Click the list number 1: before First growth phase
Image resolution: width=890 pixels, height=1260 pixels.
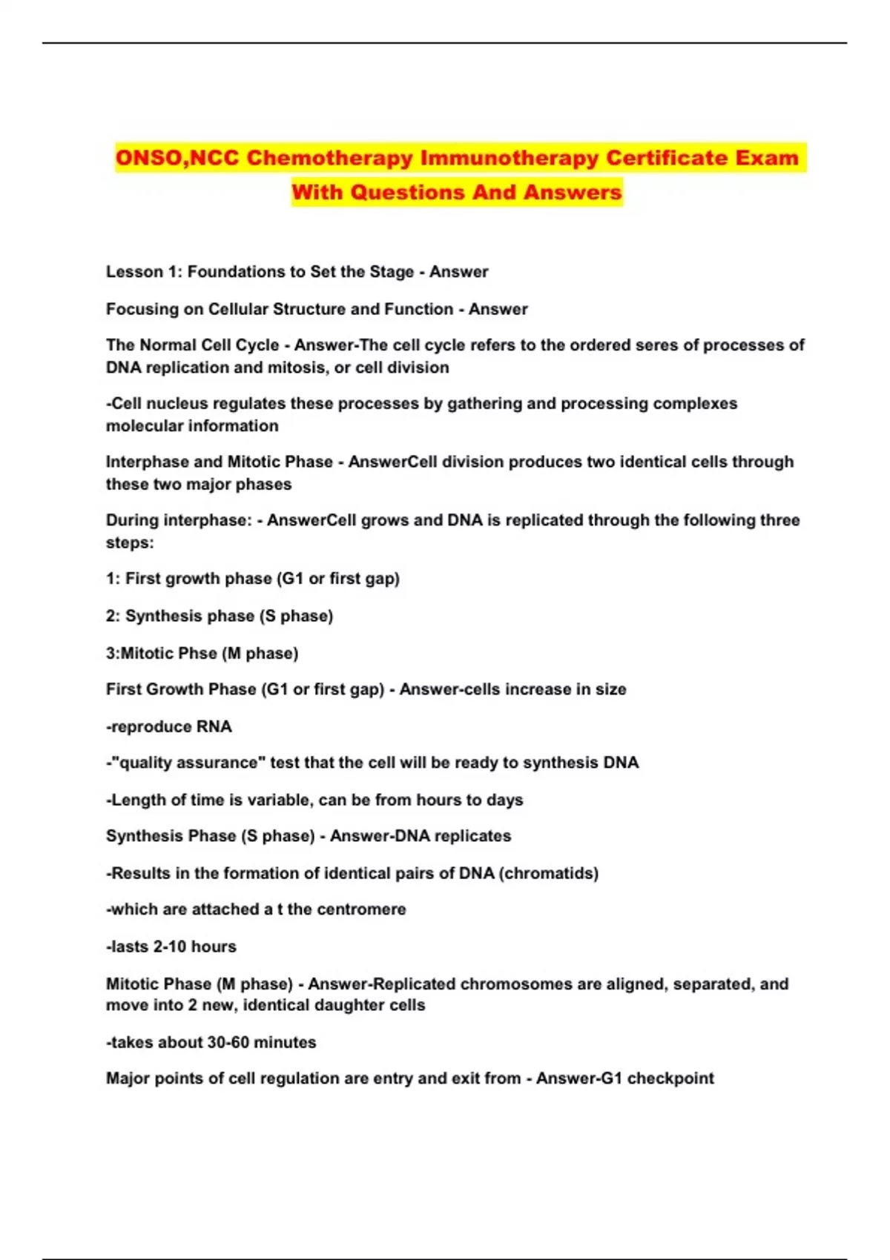click(x=113, y=579)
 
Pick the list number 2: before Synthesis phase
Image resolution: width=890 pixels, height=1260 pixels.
click(x=113, y=616)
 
